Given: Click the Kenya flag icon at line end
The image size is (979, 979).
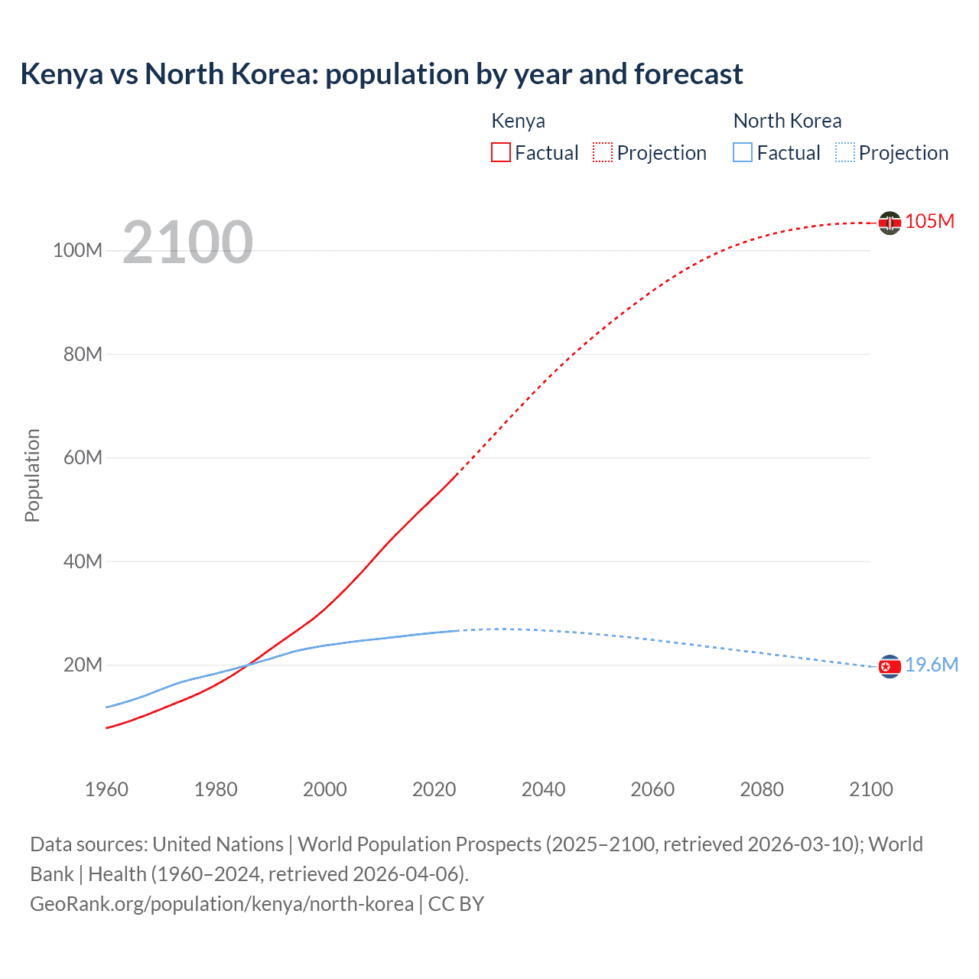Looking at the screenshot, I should point(890,223).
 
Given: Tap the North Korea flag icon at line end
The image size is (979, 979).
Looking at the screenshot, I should point(890,667).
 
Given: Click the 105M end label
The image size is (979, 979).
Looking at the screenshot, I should point(929,222).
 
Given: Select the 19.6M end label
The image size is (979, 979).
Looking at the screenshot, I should point(931,665).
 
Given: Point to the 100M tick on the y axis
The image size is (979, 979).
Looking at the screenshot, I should point(77,251).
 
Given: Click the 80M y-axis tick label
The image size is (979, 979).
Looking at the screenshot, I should point(83,354).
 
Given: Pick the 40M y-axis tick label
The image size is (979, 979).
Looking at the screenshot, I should point(83,561).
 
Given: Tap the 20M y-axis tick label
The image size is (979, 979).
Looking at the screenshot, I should point(83,665).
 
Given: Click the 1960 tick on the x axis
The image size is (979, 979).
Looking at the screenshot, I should point(106,789).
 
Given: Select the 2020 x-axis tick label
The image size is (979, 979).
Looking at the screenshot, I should point(434,789).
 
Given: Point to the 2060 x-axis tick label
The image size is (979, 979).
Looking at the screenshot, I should point(652,789).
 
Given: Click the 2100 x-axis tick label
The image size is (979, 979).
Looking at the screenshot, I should point(870,789).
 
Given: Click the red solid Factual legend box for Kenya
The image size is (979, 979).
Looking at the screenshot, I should point(500,153).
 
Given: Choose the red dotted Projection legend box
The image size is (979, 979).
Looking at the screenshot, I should point(603,153).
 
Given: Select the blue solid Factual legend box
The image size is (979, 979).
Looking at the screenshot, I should point(743,153).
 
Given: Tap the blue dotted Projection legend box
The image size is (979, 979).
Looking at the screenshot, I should point(845,153).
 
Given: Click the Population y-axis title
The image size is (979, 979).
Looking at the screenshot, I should point(32,475).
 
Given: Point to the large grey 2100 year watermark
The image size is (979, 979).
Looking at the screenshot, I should point(187,242).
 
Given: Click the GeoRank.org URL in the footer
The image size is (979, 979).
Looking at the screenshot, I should point(222,904).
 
